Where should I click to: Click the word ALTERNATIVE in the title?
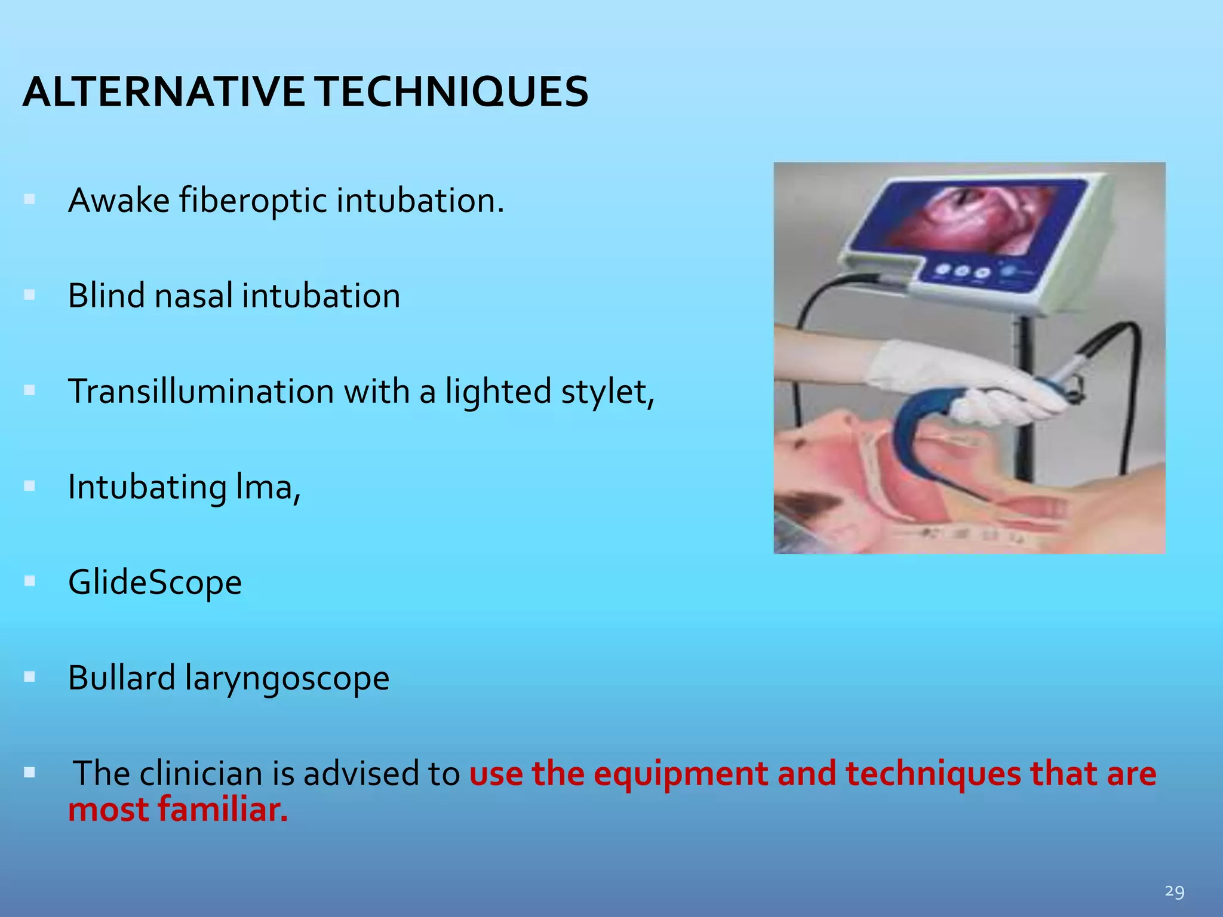pos(163,93)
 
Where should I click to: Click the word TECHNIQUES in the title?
pos(451,93)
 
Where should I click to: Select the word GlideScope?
pos(155,583)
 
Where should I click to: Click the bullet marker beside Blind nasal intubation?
pos(29,295)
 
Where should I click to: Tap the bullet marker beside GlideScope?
pos(29,581)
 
